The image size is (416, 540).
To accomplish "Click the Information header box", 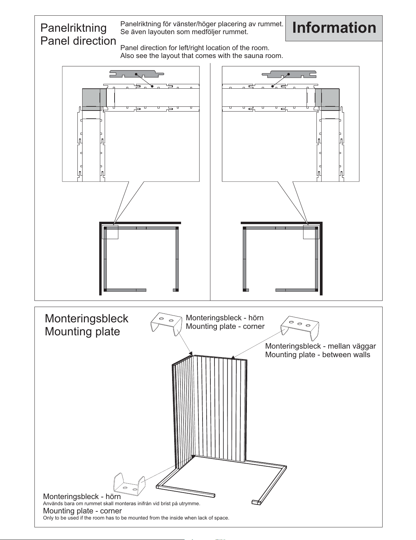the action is pos(334,28).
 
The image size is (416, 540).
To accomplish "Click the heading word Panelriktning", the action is pos(74,28).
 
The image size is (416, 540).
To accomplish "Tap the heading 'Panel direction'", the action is pos(78,41).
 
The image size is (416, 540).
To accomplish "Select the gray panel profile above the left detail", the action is pos(137,74).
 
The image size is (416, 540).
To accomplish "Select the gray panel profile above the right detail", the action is pos(289,74).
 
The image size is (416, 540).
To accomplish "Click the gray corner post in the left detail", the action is pos(91,99).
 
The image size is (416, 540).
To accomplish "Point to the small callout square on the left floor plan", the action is pos(110,232).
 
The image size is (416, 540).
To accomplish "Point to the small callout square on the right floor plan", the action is pos(311,232).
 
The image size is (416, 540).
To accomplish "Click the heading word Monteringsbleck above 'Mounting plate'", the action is pos(86,319).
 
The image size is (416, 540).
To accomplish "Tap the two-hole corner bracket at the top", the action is pos(166,323).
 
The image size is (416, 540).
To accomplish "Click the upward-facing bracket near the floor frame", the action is pos(129,484).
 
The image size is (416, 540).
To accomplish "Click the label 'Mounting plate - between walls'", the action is pos(318,354).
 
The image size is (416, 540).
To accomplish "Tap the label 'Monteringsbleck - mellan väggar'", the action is pos(321,346).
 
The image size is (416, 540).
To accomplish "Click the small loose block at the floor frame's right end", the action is pos(256,502).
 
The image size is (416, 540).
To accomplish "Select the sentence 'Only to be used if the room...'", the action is pos(136,518).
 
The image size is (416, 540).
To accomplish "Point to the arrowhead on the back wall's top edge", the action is pos(233,358).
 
